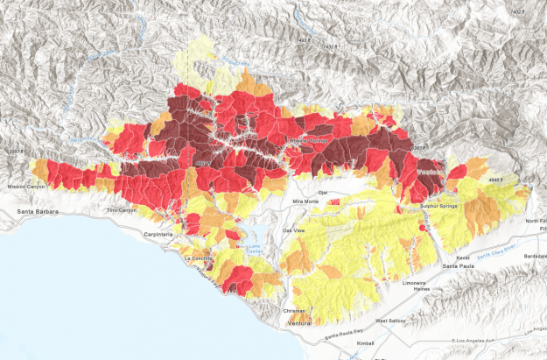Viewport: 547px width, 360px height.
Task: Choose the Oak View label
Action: tap(293, 230)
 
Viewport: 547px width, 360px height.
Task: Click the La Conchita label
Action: tap(198, 259)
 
